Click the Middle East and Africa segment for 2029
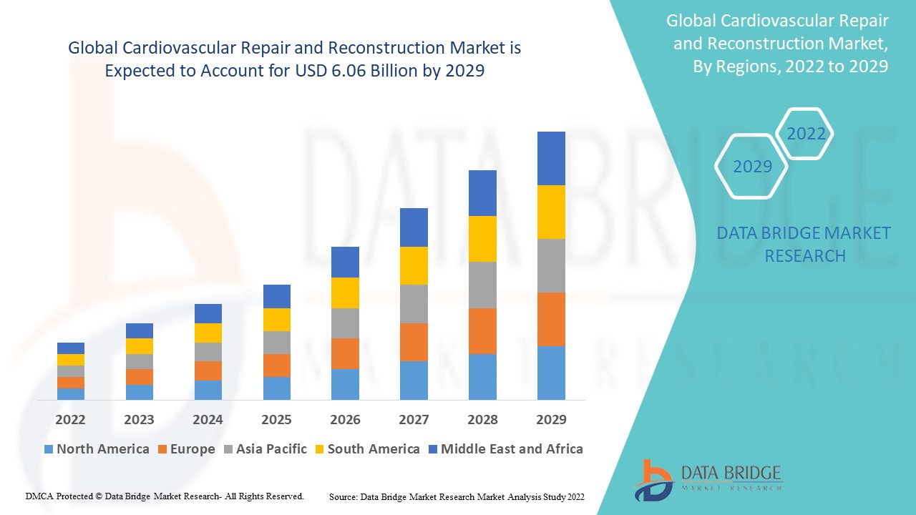(x=551, y=158)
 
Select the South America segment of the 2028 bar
(x=482, y=239)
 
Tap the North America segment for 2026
(x=345, y=384)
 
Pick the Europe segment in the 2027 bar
(x=414, y=342)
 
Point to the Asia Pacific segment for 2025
(x=277, y=343)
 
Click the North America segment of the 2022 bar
(x=71, y=393)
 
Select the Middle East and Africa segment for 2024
(x=208, y=313)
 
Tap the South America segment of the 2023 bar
(x=140, y=346)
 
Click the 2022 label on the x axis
(x=71, y=419)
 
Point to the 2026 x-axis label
(x=345, y=419)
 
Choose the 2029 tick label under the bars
(x=551, y=419)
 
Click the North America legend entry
(x=97, y=449)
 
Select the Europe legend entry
(x=185, y=449)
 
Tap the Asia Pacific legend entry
(x=264, y=449)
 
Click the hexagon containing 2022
(x=806, y=134)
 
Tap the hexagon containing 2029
(x=752, y=167)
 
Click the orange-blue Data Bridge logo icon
(x=653, y=479)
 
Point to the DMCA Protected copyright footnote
(x=165, y=496)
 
